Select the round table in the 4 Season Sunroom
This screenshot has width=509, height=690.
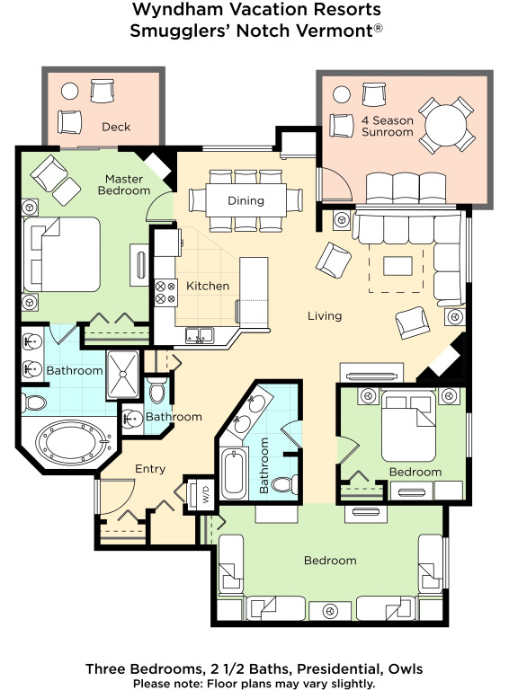(x=446, y=125)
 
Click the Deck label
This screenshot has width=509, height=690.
(x=116, y=127)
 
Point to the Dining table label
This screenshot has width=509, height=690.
(x=246, y=200)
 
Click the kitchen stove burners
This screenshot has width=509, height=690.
(x=165, y=293)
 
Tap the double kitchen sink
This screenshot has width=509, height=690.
(x=199, y=335)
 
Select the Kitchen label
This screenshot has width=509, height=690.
(x=208, y=286)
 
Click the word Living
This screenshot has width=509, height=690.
(x=325, y=316)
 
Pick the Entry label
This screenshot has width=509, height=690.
(x=150, y=469)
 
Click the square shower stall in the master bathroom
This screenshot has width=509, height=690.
(x=123, y=375)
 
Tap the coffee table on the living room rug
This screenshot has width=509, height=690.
(x=397, y=266)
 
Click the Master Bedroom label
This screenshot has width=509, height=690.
(x=124, y=185)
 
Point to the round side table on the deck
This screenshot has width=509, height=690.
(x=69, y=92)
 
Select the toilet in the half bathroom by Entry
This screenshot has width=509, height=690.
(x=156, y=391)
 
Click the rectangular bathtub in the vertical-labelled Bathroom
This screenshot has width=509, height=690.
(x=233, y=473)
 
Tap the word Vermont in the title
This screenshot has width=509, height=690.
(x=334, y=31)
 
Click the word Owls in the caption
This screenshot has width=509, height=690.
(x=405, y=669)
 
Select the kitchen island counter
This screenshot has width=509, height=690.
(x=254, y=293)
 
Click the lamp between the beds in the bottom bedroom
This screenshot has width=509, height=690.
(x=330, y=611)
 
